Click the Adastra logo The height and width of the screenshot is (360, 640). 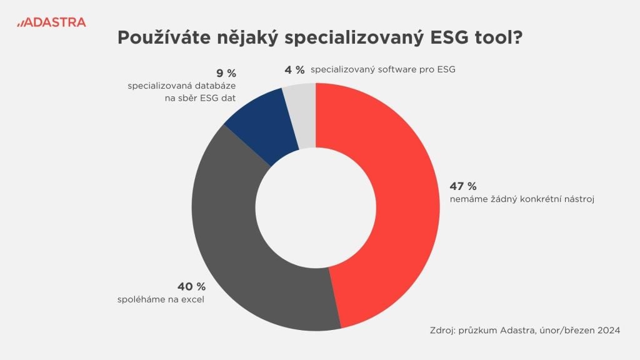pyautogui.click(x=51, y=22)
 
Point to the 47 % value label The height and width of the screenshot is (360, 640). pyautogui.click(x=463, y=186)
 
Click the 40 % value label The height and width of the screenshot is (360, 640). pyautogui.click(x=192, y=286)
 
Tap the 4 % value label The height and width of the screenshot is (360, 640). pyautogui.click(x=294, y=69)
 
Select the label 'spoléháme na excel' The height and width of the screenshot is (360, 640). pyautogui.click(x=161, y=299)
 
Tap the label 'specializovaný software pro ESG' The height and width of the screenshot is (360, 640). pyautogui.click(x=382, y=69)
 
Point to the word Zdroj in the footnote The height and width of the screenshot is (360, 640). pyautogui.click(x=444, y=330)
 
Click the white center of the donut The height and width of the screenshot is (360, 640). pyautogui.click(x=316, y=207)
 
